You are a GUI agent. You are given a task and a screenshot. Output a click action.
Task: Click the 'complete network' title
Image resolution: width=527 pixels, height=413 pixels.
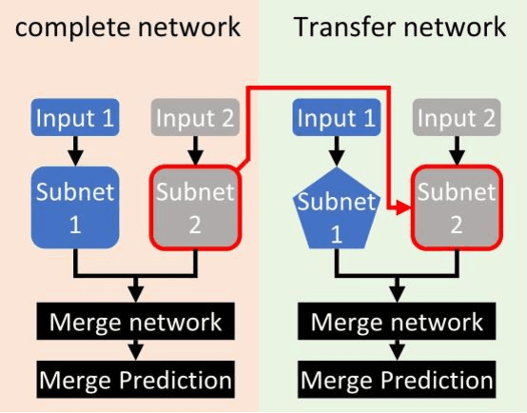pos(128,27)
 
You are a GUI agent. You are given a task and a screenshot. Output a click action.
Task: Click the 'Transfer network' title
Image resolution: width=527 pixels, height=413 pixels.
pos(400,27)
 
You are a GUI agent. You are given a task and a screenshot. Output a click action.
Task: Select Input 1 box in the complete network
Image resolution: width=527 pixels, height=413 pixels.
pos(75,119)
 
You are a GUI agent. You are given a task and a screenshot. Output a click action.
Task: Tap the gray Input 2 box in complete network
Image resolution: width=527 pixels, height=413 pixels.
pos(194,119)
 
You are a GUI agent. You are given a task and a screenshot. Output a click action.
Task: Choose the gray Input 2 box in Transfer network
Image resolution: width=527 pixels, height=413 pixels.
pos(457,119)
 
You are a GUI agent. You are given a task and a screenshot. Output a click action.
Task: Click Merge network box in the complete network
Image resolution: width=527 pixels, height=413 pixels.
pos(137,322)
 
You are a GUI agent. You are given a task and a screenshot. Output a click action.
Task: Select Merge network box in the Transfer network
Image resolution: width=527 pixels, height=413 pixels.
pos(398,322)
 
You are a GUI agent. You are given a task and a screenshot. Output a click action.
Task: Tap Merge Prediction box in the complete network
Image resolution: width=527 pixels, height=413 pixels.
pos(135,381)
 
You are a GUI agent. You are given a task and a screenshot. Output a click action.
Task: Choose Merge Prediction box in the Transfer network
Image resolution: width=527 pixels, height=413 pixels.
pos(398,381)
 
